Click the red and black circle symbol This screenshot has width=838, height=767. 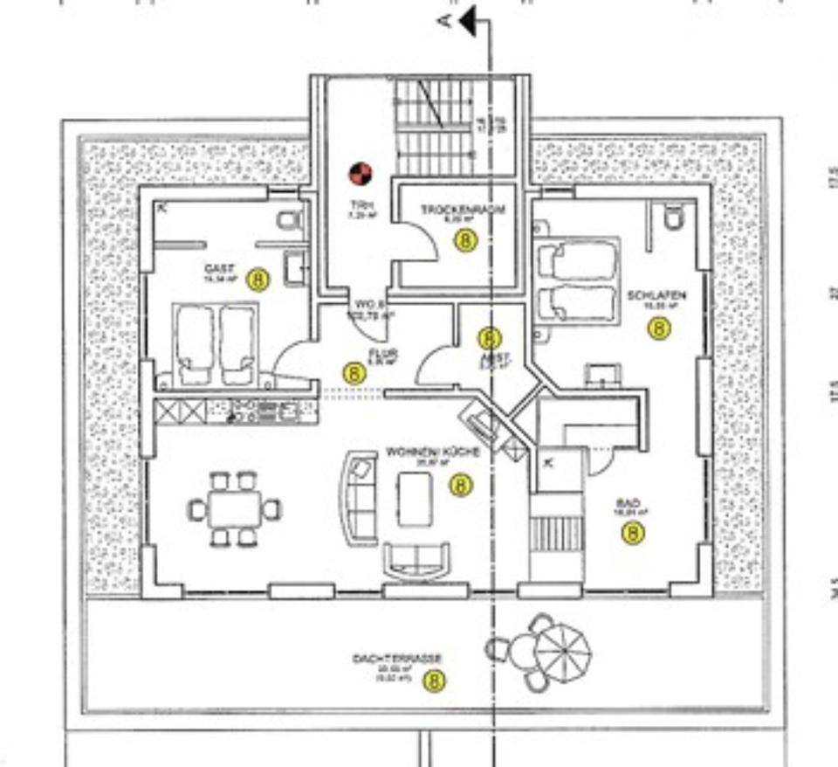pos(361,175)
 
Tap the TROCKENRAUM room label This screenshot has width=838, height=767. pos(463,210)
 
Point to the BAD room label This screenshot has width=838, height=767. pos(628,503)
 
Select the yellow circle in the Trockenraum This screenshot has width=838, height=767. pos(467,240)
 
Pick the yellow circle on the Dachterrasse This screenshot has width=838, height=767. pos(434,681)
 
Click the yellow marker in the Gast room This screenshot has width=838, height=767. pos(258,280)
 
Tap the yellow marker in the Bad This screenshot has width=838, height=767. pos(634,532)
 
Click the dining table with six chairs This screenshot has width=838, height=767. pos(234,508)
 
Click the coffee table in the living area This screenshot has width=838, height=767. pos(415,499)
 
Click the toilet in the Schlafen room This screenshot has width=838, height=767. pos(672,217)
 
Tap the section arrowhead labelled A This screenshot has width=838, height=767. pos(467,22)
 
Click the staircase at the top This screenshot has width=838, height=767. pos(432,127)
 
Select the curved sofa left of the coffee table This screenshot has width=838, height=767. pos(358,498)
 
